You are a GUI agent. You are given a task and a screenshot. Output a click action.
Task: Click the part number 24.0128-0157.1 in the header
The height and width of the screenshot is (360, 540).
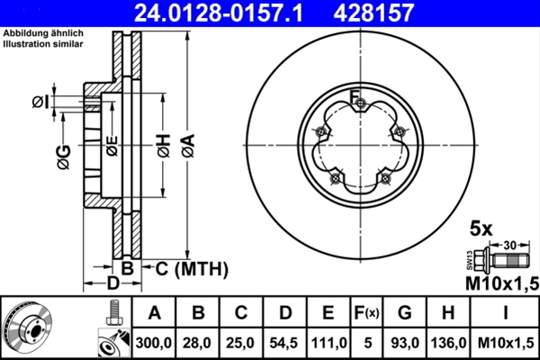(219, 13)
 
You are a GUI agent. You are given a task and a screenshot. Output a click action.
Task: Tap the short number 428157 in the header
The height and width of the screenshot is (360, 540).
(373, 13)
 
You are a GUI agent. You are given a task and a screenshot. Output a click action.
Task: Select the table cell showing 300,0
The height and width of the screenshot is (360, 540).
(154, 343)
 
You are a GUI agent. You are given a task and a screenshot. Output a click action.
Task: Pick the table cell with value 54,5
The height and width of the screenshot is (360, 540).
(284, 343)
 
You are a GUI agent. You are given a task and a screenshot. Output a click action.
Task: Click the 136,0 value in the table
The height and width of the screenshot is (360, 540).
(448, 343)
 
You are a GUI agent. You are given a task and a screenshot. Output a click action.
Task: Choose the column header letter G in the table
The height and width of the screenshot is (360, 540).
(405, 312)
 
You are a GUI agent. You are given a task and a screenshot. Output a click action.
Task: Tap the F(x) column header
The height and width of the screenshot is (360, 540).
(366, 312)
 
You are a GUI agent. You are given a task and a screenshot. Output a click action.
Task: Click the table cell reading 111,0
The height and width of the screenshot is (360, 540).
(328, 343)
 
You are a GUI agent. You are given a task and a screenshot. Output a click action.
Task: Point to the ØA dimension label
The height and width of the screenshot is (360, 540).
(189, 146)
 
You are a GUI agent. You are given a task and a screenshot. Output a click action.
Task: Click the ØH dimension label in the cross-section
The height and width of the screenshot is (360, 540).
(164, 146)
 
